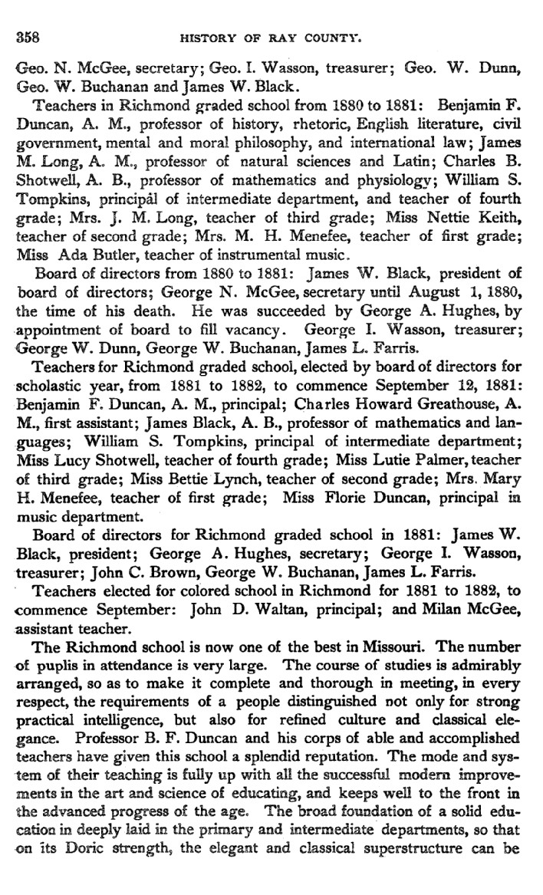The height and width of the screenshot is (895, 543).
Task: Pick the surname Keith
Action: [x=508, y=199]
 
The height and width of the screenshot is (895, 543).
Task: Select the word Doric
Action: [x=92, y=829]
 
